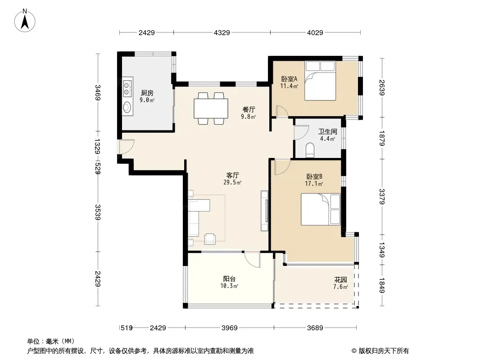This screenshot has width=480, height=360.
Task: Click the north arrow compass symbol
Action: click(25, 20)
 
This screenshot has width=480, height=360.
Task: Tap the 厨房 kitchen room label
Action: click(147, 93)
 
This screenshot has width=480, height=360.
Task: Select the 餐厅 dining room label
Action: click(249, 109)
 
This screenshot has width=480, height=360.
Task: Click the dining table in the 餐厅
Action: click(211, 108)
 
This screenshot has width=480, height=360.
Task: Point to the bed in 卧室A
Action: click(320, 81)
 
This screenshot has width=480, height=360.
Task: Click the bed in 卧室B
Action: click(321, 209)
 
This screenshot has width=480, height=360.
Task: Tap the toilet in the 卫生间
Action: click(310, 150)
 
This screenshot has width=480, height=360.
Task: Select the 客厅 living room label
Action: click(233, 175)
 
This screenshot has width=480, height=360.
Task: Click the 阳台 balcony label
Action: click(229, 279)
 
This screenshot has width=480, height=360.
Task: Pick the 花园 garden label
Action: click(340, 279)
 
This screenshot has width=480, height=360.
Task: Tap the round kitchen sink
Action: click(127, 107)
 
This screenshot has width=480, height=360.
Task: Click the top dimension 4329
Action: click(222, 32)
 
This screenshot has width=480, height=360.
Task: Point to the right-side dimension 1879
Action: click(381, 138)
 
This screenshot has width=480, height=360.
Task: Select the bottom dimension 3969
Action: click(229, 328)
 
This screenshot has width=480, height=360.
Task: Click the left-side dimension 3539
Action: click(98, 212)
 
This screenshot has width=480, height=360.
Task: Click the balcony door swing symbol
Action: click(252, 259)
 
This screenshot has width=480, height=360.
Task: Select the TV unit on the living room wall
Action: click(265, 211)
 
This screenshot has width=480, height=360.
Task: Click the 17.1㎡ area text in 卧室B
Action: click(314, 184)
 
